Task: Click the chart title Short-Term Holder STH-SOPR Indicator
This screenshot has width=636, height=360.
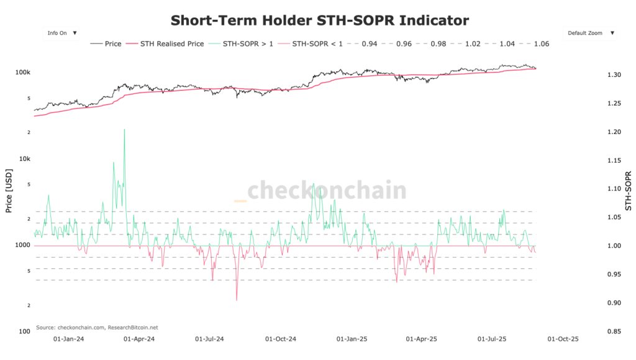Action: click(x=320, y=20)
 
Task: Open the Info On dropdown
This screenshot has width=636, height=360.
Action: click(x=61, y=33)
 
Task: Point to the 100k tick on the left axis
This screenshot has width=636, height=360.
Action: click(x=23, y=73)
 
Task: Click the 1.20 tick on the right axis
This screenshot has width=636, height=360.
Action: click(x=614, y=132)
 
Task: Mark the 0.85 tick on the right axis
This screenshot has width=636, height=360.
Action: click(x=614, y=332)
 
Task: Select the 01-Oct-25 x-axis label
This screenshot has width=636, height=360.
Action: click(x=562, y=340)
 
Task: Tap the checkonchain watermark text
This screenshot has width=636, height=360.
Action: click(x=327, y=190)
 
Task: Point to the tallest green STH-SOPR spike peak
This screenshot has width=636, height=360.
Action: click(x=124, y=129)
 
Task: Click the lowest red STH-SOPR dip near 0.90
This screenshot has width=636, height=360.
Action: click(x=237, y=300)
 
